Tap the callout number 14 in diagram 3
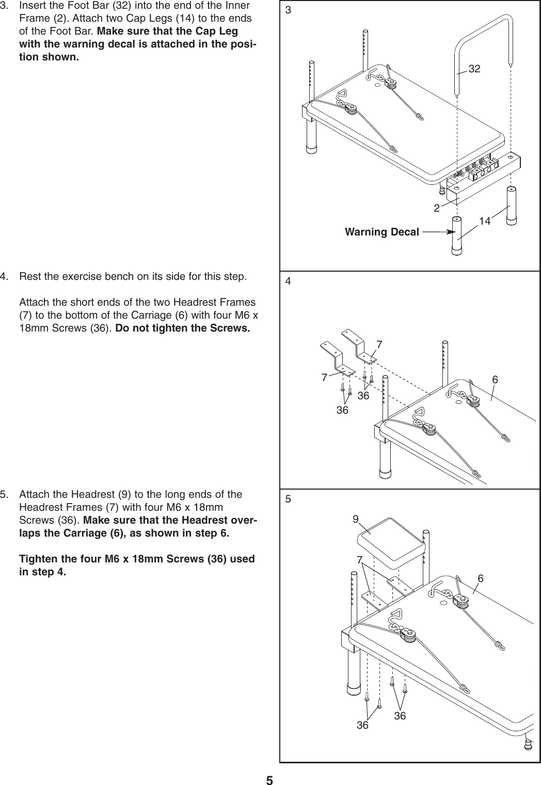485,221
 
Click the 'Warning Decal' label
381,232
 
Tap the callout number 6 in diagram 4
495,380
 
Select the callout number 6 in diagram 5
480,579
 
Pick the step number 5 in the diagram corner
288,499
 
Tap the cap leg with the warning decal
457,235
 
